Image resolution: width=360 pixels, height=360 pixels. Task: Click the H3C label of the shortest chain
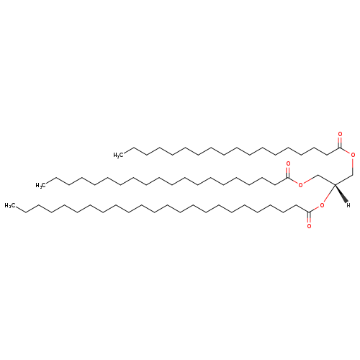pyautogui.click(x=118, y=155)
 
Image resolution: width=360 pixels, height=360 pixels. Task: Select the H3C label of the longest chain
pyautogui.click(x=9, y=205)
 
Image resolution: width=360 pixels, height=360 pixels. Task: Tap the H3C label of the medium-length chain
pyautogui.click(x=41, y=185)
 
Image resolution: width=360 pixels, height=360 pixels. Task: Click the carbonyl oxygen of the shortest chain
pyautogui.click(x=340, y=134)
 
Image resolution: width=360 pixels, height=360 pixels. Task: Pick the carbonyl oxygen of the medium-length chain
pyautogui.click(x=288, y=163)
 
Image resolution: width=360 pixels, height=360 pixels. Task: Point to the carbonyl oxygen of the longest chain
pyautogui.click(x=309, y=226)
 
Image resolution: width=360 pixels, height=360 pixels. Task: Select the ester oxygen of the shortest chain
pyautogui.click(x=353, y=155)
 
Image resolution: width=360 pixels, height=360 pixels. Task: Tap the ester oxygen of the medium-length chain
pyautogui.click(x=301, y=184)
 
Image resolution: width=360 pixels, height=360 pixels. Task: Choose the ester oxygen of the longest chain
pyautogui.click(x=322, y=205)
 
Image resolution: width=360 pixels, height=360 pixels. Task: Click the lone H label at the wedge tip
pyautogui.click(x=348, y=205)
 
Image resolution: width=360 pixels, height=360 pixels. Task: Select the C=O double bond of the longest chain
pyautogui.click(x=309, y=217)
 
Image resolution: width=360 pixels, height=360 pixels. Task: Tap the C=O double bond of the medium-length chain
pyautogui.click(x=288, y=172)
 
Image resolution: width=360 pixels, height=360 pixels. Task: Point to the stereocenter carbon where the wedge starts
pyautogui.click(x=335, y=184)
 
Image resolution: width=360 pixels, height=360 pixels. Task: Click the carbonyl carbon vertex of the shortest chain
pyautogui.click(x=340, y=148)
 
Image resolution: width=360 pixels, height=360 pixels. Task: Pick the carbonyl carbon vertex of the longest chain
pyautogui.click(x=309, y=212)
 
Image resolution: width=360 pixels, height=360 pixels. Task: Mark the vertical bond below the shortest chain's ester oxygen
pyautogui.click(x=353, y=167)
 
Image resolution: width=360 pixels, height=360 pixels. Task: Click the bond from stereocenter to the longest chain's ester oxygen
pyautogui.click(x=329, y=194)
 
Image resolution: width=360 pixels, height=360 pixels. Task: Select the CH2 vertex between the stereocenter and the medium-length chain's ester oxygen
pyautogui.click(x=318, y=176)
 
